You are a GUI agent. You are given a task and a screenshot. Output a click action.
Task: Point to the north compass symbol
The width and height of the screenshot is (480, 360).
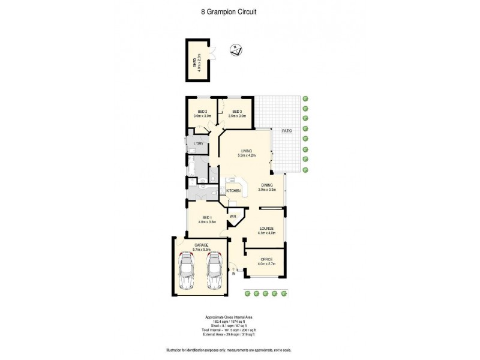coord(236,50)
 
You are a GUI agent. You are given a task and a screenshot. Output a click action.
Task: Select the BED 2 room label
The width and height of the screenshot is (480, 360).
coord(202,112)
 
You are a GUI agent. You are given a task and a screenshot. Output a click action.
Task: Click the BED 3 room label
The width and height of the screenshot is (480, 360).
coord(237,112)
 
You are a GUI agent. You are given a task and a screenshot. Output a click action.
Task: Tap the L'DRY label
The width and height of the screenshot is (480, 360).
coord(198,144)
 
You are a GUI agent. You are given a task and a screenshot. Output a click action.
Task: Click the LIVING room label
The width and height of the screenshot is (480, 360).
coord(247,151)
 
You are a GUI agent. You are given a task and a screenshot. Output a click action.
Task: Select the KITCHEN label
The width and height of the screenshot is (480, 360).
coord(233,191)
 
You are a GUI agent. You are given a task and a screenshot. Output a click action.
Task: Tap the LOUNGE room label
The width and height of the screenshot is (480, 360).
coord(266,229)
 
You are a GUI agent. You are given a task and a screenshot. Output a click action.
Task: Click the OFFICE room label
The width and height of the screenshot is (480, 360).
coord(266,259)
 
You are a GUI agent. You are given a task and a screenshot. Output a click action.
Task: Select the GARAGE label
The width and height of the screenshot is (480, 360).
coord(200,245)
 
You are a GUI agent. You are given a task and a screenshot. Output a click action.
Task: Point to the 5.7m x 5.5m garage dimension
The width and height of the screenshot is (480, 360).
coord(200,249)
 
